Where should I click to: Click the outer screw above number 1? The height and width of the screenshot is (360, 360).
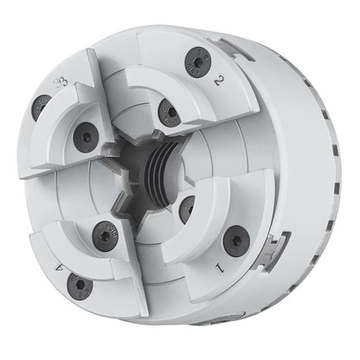[x=233, y=240]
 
